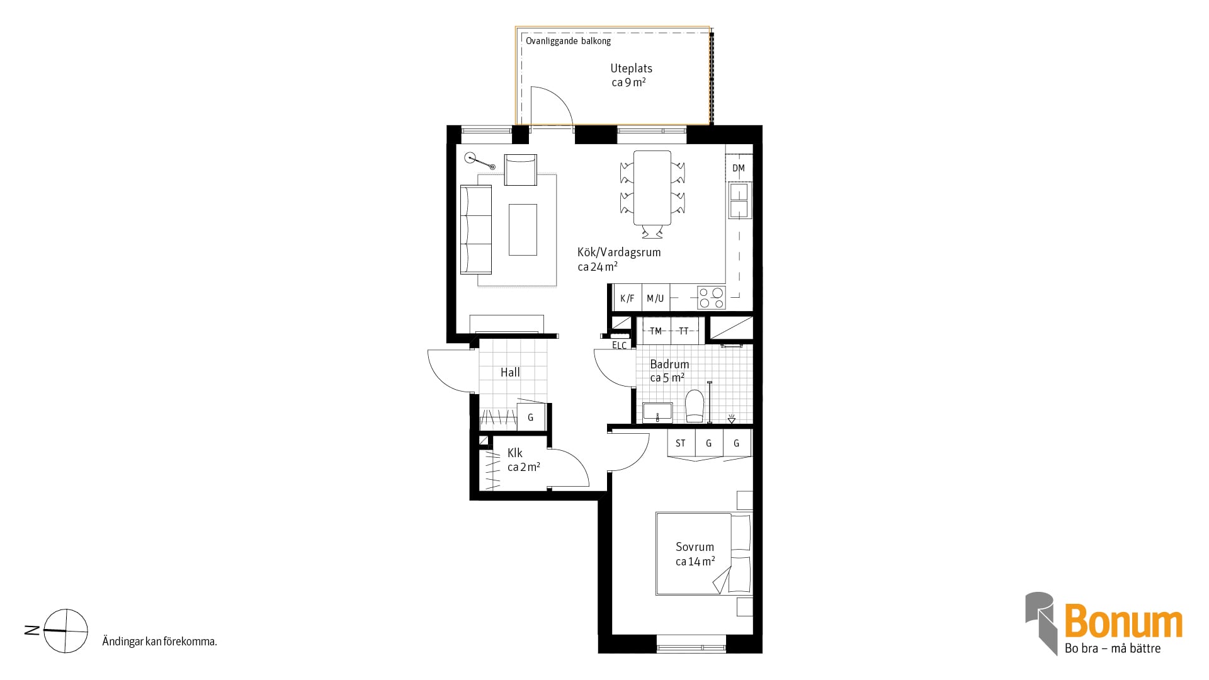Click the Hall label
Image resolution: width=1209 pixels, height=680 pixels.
click(510, 372)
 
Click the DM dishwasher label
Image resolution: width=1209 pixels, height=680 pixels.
click(739, 168)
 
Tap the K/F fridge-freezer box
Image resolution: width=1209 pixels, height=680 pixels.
click(627, 298)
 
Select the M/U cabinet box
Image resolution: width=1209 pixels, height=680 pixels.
click(656, 298)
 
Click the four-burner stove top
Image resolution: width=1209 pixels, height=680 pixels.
click(712, 298)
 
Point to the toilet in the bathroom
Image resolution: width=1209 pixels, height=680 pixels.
click(695, 406)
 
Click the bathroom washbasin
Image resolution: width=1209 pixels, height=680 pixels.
click(657, 412)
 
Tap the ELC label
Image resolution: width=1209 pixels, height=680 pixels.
click(620, 345)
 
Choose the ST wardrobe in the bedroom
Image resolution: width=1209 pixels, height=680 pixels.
click(681, 443)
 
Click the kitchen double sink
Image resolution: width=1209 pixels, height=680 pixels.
click(739, 200)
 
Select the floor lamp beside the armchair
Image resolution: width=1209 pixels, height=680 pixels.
click(479, 161)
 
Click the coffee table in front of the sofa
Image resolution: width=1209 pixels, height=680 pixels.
click(523, 229)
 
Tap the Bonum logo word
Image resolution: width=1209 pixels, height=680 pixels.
click(1123, 621)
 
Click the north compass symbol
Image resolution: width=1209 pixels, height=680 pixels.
click(65, 630)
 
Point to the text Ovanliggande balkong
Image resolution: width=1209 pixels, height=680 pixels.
click(568, 41)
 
